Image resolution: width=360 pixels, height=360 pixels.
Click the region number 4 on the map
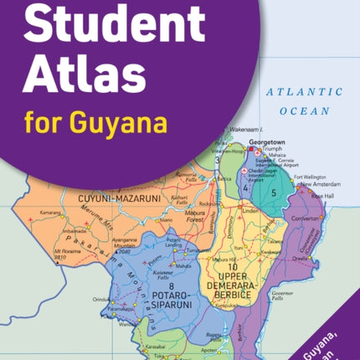coord(245,189)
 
